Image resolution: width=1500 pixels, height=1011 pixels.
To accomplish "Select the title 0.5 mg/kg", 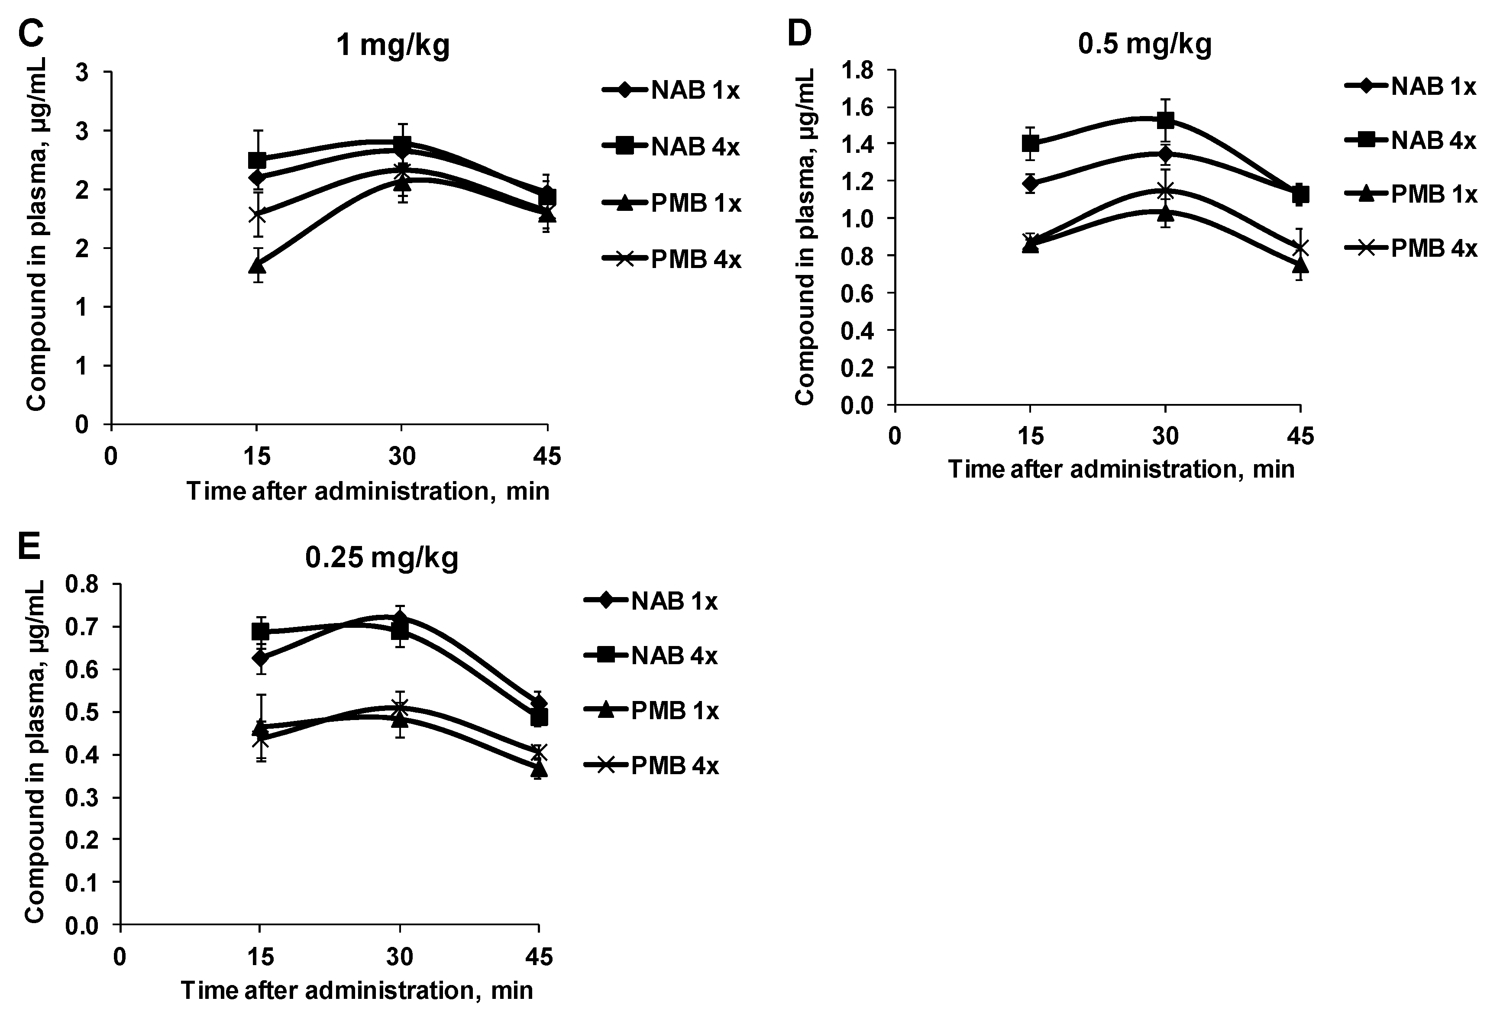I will click(x=1144, y=43).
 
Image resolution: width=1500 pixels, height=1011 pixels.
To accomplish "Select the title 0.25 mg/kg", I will click(x=382, y=557).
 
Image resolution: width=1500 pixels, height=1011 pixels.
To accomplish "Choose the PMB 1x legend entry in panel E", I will click(x=651, y=711).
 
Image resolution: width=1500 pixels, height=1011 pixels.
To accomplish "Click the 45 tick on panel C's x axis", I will click(x=547, y=456).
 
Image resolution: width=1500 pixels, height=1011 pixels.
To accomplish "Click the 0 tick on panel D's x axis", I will click(x=895, y=436).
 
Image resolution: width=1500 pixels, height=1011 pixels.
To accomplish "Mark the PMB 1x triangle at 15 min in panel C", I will click(x=257, y=265).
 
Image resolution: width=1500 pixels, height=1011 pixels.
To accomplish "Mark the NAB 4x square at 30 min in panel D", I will click(x=1165, y=120).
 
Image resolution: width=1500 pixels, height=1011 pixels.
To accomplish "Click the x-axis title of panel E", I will click(x=357, y=990).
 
